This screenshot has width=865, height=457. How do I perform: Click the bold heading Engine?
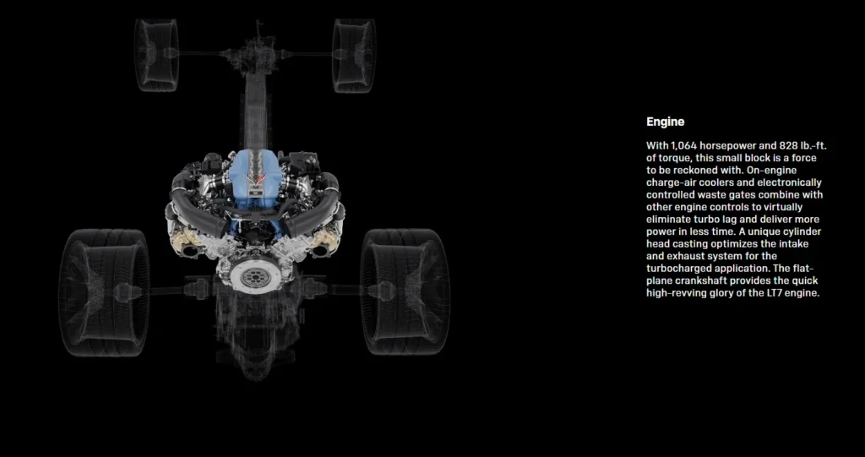(665, 122)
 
